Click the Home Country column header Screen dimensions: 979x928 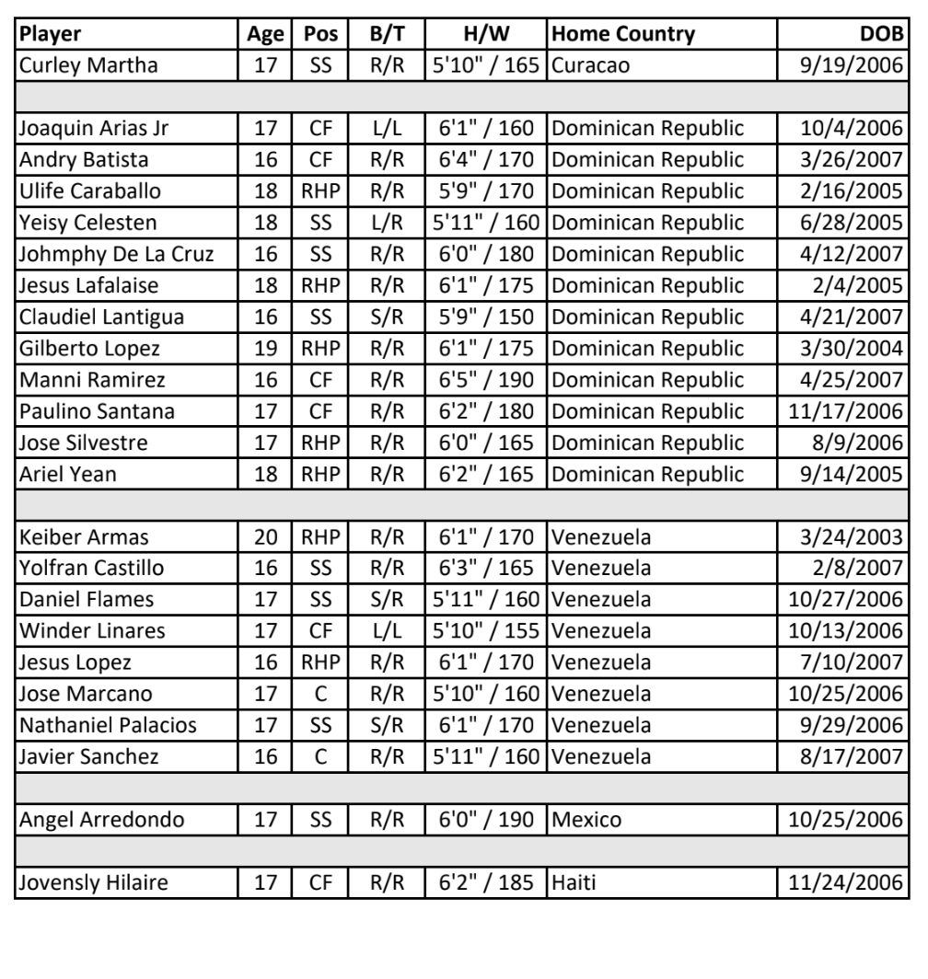click(621, 35)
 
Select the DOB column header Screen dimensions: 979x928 click(887, 35)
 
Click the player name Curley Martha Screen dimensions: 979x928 click(76, 64)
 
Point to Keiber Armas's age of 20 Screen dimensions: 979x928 click(266, 536)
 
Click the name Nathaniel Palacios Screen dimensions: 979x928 click(108, 713)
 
